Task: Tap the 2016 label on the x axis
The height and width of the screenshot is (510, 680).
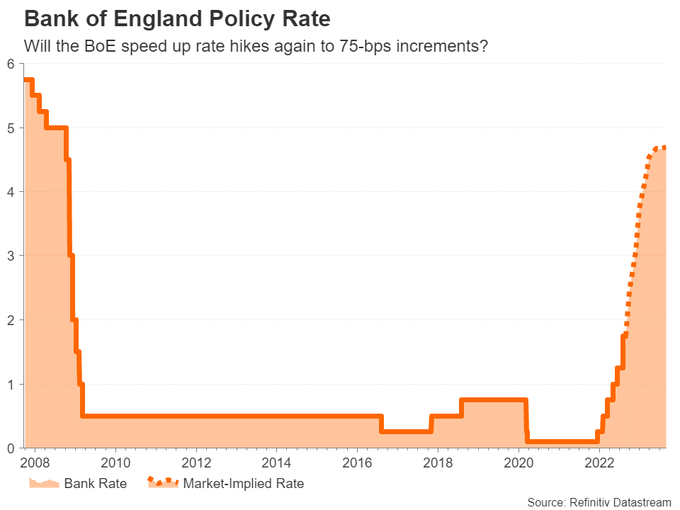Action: (358, 464)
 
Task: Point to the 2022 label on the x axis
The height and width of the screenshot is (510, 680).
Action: (599, 464)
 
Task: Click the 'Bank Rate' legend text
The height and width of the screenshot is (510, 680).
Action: (95, 484)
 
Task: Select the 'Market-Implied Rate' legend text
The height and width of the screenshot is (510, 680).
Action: (243, 484)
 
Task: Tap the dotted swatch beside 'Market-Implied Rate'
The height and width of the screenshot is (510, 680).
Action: (162, 483)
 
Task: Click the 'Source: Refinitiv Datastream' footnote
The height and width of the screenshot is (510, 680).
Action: (599, 502)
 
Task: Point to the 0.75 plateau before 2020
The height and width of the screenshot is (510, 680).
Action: (494, 399)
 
